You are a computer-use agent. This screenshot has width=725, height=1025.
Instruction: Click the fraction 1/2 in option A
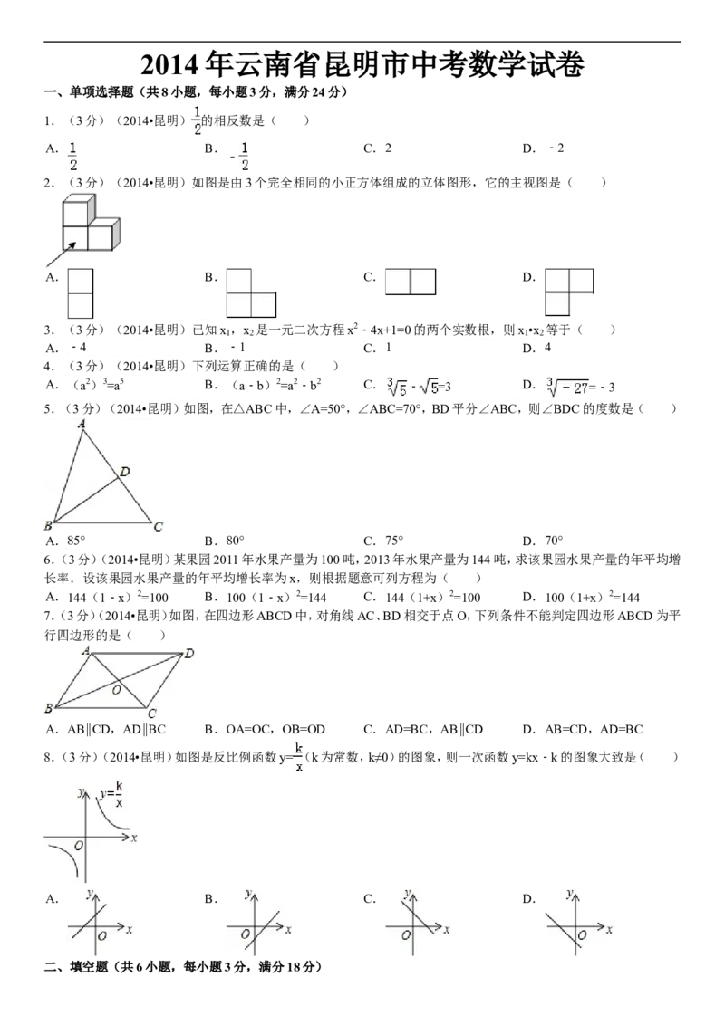pos(74,156)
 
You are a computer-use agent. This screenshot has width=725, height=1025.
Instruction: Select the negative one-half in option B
pos(240,156)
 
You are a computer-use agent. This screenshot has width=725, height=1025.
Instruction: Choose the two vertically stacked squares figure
pos(81,292)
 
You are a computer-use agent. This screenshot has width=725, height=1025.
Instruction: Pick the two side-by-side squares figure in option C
pos(411,282)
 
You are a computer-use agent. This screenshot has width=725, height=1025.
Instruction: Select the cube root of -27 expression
pos(575,388)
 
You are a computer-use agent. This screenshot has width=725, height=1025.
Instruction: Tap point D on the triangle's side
pos(124,471)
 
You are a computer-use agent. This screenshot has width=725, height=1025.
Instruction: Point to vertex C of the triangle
pos(158,527)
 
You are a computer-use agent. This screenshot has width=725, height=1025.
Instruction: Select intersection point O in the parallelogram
pos(116,690)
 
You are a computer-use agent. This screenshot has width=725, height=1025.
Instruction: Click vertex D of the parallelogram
pos(188,653)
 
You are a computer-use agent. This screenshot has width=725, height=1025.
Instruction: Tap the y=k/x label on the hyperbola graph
pos(111,794)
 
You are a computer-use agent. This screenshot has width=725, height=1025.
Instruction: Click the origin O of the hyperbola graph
pos(79,845)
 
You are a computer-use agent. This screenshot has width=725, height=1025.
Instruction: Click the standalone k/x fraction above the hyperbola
pos(299,758)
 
